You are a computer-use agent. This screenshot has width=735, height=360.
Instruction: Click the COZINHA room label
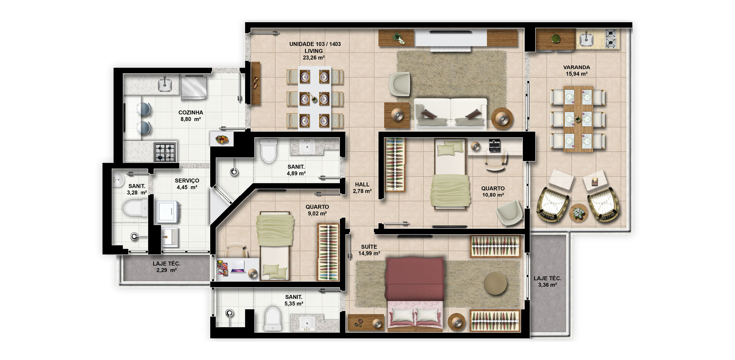191,113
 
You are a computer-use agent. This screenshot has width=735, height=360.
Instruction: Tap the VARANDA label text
577,67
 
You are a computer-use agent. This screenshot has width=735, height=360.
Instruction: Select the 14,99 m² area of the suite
369,254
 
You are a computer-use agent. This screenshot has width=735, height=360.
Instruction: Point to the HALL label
362,185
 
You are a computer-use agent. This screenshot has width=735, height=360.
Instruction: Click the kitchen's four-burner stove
165,152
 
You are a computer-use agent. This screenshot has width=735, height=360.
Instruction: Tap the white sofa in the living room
451,113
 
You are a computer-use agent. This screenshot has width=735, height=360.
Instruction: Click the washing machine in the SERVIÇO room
167,211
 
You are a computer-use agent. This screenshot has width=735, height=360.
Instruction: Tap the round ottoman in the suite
495,283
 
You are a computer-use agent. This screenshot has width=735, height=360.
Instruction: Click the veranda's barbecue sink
586,39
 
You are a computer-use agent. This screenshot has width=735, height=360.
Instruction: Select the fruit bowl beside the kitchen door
222,139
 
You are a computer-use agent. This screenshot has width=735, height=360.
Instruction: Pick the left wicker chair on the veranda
552,204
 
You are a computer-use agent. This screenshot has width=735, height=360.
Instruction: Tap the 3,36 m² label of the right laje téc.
547,285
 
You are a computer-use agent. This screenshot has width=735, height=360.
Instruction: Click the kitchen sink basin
165,85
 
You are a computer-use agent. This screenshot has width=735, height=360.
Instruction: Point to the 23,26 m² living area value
314,58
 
